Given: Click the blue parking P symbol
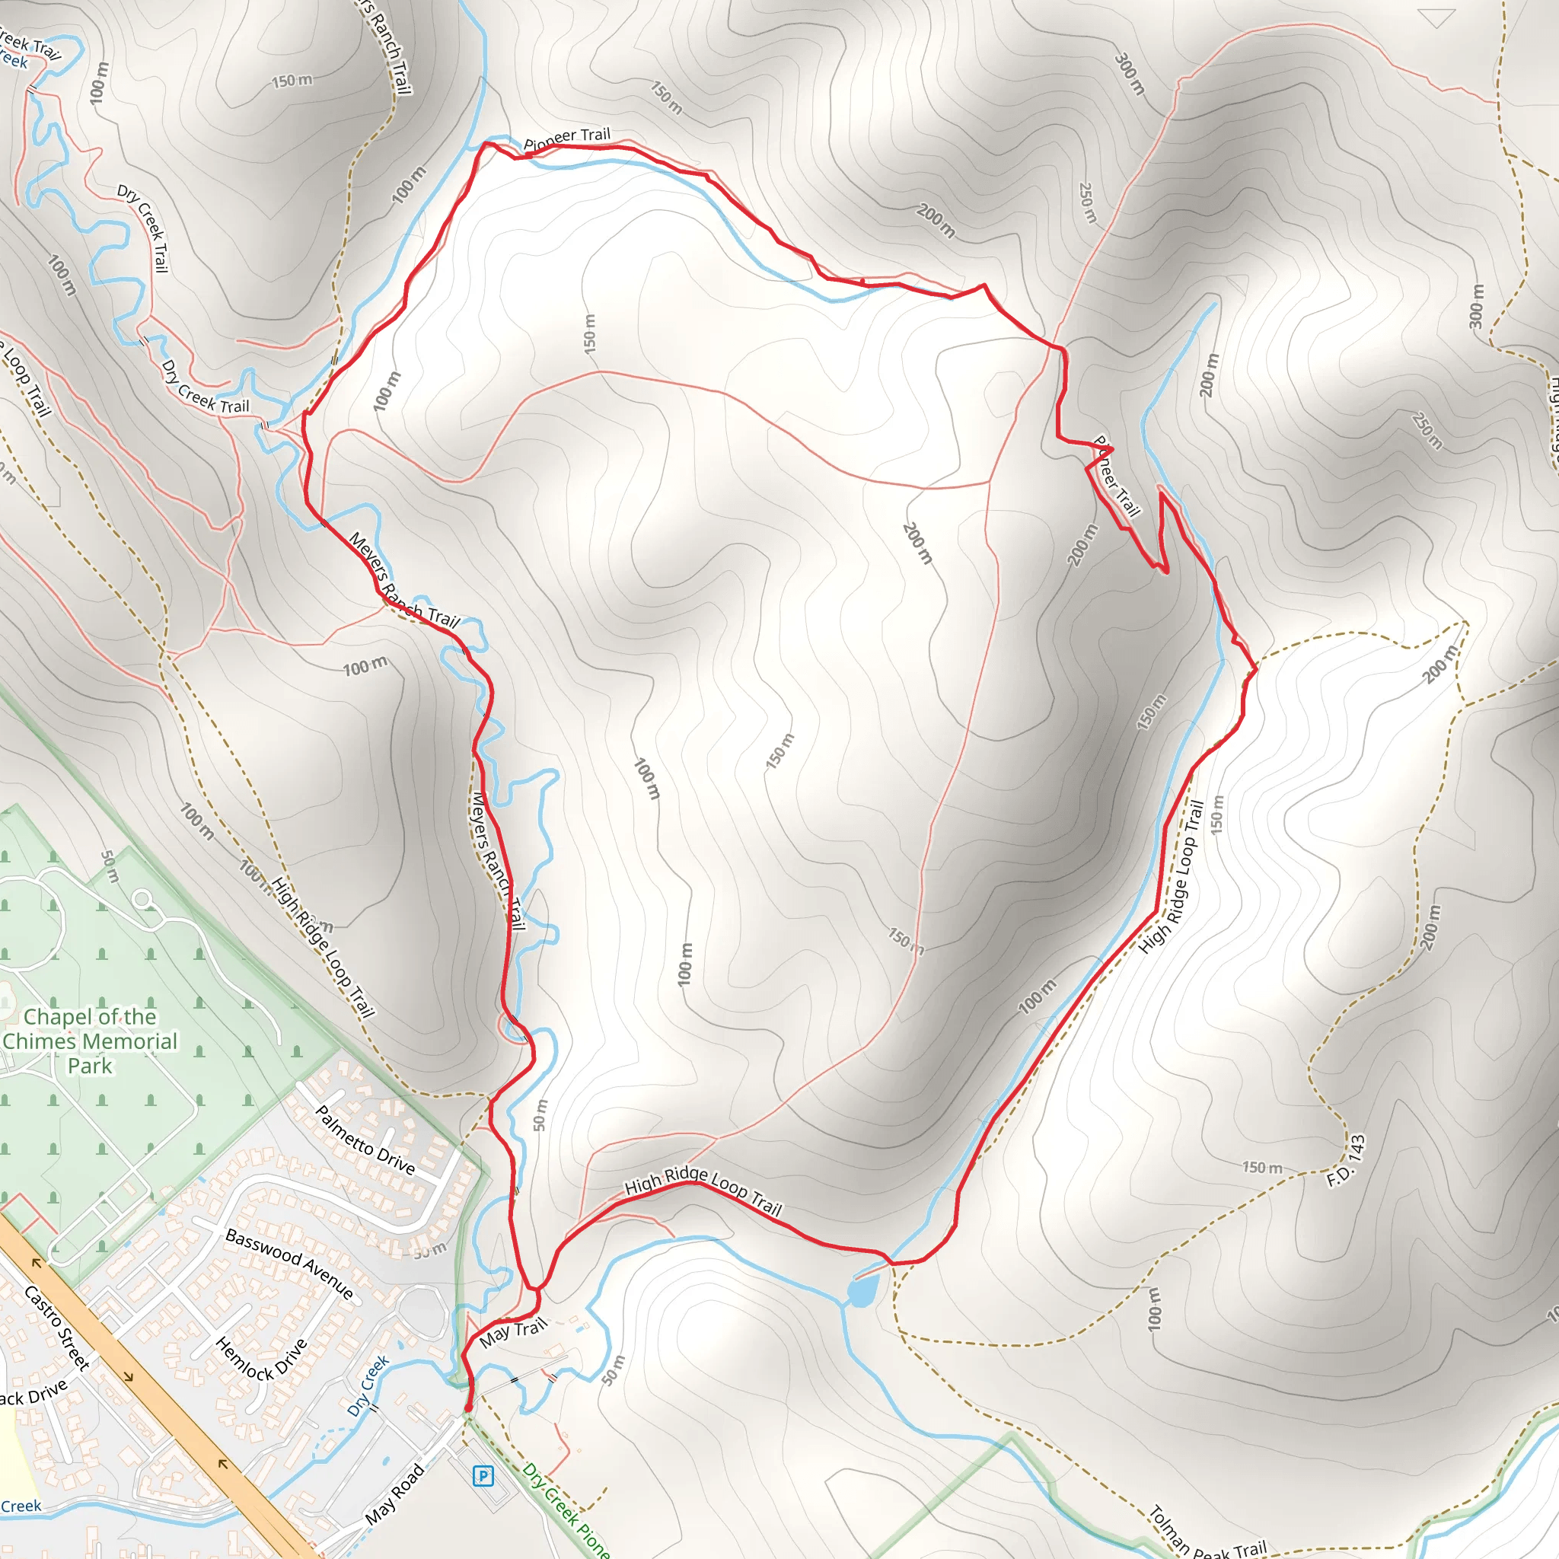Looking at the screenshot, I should tap(483, 1476).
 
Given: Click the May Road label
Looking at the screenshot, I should tap(394, 1494).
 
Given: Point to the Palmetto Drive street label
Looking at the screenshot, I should tap(365, 1140).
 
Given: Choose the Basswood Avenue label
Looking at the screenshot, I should tap(289, 1264).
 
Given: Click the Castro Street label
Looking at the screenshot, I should tap(56, 1328).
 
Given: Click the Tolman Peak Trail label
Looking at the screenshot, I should tap(1207, 1534).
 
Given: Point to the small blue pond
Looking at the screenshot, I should tap(862, 1290).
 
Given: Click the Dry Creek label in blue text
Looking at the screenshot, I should tap(368, 1385).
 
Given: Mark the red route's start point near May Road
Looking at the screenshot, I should tap(468, 1408).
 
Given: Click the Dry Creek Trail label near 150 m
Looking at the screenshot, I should tap(143, 228).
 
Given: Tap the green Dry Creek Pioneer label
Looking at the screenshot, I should tap(565, 1510).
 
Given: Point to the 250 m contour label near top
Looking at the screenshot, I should tap(1088, 202).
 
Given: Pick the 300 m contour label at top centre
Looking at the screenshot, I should tap(1130, 75).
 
